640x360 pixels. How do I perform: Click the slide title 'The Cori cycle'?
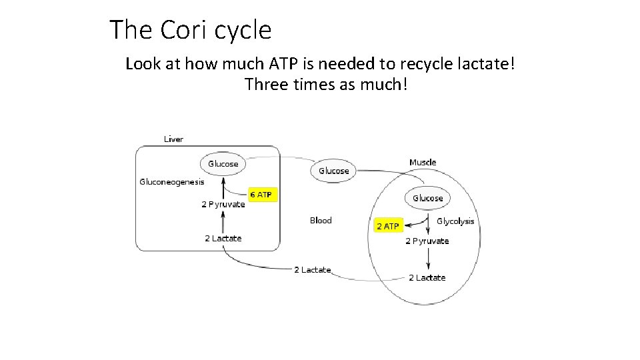pos(190,30)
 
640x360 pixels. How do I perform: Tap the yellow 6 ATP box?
pos(261,195)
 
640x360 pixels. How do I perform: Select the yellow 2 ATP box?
pos(387,226)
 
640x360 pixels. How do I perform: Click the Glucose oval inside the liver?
pos(223,164)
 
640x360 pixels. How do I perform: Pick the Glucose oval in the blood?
pos(333,171)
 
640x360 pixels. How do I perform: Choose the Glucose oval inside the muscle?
pos(427,198)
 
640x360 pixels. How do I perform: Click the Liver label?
pos(173,139)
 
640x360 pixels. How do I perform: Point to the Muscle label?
pos(423,162)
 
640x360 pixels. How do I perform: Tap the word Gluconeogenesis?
pos(172,181)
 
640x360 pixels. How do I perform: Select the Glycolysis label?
pos(455,221)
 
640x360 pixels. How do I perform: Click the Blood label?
pos(321,220)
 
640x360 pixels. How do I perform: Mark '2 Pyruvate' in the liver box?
pos(223,205)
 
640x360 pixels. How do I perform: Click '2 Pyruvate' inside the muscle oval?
pos(427,241)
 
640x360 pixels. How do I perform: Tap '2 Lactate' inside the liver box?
pos(223,238)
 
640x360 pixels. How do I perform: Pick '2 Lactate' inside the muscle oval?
pos(427,277)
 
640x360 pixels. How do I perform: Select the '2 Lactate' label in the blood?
pos(313,270)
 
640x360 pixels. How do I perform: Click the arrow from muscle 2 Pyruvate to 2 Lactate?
pos(427,259)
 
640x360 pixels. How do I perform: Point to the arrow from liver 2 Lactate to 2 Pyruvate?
pos(223,221)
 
